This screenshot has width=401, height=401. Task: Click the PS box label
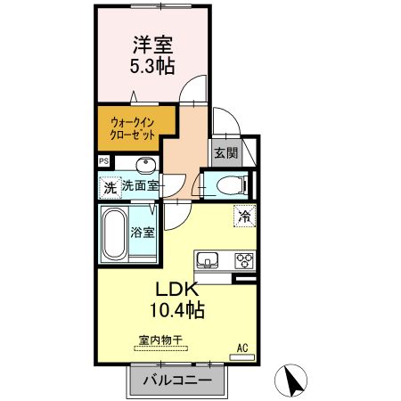point(104,161)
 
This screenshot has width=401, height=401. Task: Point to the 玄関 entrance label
point(226,152)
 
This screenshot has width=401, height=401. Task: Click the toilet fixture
point(227,185)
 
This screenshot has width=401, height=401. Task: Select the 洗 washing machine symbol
point(110,188)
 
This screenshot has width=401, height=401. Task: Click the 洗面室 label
point(140,186)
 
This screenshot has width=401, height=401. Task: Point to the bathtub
point(114,233)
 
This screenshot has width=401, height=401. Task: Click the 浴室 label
point(143,233)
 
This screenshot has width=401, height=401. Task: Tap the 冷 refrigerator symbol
point(244,215)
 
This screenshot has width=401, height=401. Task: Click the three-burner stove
point(243,260)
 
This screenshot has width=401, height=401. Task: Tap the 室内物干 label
point(160,340)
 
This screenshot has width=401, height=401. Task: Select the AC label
point(241,348)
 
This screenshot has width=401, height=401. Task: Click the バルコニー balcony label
point(174,381)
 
